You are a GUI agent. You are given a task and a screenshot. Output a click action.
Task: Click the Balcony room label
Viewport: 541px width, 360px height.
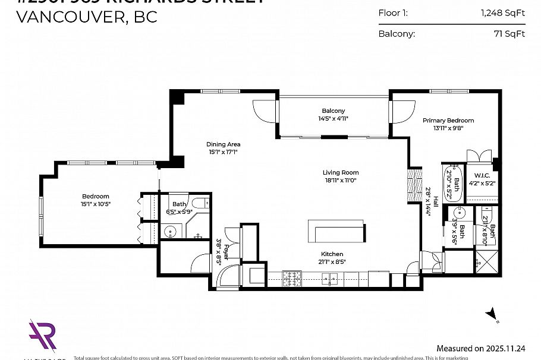point(333,111)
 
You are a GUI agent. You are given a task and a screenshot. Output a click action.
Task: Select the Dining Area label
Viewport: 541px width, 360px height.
point(223,144)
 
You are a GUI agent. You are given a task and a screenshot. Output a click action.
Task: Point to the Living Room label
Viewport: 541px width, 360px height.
point(341,173)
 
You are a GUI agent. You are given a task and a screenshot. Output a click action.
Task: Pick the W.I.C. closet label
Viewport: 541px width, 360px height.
point(481,175)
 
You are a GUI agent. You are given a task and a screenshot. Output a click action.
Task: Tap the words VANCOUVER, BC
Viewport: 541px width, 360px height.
point(87,17)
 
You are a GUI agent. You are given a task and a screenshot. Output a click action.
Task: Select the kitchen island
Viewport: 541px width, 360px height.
point(336,230)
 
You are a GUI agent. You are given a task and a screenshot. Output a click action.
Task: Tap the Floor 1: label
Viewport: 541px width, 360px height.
point(393,12)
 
